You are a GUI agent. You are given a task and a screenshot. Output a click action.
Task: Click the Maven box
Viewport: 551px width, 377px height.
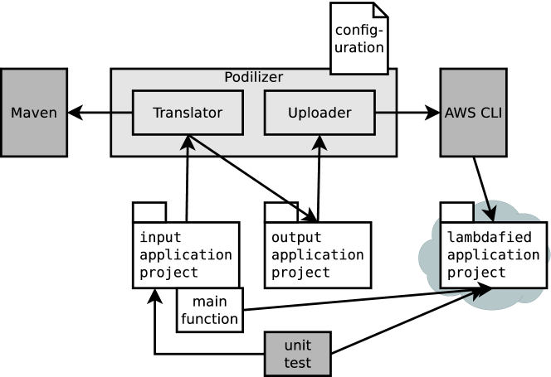(34, 112)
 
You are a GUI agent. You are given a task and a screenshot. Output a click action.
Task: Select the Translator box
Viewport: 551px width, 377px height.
(188, 113)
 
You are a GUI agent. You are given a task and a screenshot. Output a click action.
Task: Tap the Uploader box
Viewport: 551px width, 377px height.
(319, 113)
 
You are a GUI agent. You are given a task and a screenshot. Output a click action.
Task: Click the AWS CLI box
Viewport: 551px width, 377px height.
(473, 112)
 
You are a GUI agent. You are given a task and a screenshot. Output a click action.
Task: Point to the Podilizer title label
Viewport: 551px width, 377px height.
(253, 78)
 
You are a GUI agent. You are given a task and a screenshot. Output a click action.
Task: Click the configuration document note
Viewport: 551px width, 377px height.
(358, 40)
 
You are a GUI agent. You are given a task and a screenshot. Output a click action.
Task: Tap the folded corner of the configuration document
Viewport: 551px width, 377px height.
(380, 10)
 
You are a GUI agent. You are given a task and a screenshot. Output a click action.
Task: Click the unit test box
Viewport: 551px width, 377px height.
(297, 354)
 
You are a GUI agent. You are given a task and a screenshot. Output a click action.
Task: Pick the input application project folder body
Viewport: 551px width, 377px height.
(186, 254)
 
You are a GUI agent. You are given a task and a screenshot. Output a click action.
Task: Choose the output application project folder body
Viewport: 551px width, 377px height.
(318, 254)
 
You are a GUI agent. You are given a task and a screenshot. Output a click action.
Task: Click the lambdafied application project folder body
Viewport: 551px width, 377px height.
(493, 254)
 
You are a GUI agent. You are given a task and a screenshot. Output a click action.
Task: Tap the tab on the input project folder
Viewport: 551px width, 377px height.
(149, 212)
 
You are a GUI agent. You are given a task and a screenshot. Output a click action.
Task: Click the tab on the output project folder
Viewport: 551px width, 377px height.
(280, 212)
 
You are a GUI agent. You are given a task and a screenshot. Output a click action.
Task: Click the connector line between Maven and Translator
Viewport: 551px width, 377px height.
(122, 112)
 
